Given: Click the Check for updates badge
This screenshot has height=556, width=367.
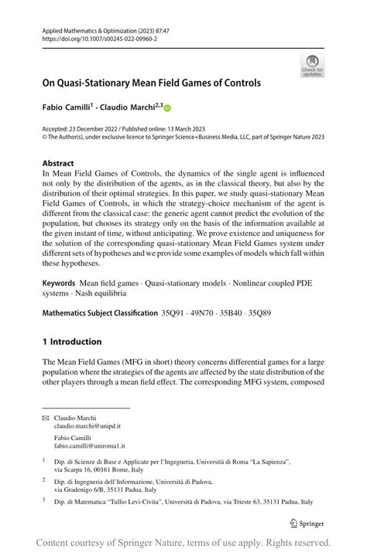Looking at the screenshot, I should coord(312,65).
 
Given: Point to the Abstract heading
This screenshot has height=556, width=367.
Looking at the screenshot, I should coord(59,164).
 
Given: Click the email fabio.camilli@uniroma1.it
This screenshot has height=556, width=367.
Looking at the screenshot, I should coord(89,447).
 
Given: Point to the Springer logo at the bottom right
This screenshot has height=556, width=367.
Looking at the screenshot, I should coord(307,523).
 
